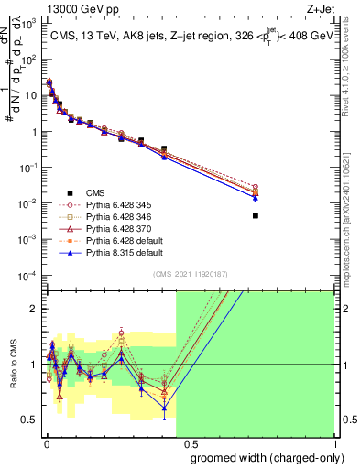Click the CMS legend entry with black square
(x=95, y=191)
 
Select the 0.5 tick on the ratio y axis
(x=32, y=420)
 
